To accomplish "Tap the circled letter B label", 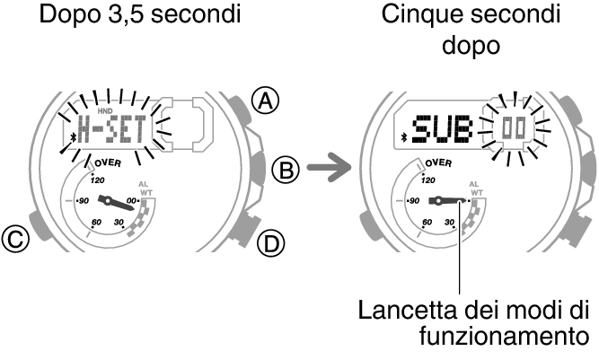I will coord(285,168).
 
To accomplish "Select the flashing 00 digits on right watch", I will coord(515,128).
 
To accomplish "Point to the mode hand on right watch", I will coord(445,201).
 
